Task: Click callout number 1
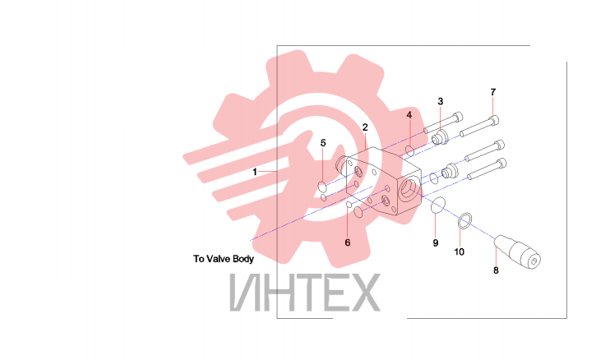tap(255, 172)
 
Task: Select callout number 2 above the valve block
tap(365, 127)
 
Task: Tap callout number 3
tap(441, 101)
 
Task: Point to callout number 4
tap(409, 115)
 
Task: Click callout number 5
tap(323, 143)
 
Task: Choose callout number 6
tap(348, 242)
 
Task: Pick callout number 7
tap(493, 92)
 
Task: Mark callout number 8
tap(496, 270)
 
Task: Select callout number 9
tap(436, 243)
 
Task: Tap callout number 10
tap(460, 252)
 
